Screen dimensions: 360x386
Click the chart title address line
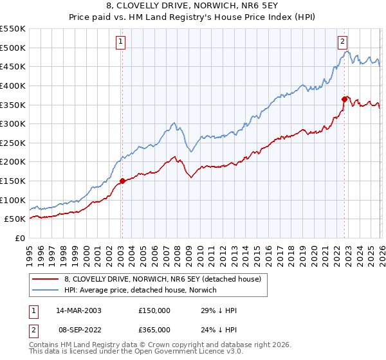(192, 6)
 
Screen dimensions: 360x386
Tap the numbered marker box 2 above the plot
(343, 42)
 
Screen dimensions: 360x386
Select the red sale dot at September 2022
(344, 99)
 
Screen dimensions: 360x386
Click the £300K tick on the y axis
(13, 123)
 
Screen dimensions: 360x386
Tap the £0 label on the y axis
(20, 238)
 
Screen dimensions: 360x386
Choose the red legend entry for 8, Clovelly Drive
(162, 279)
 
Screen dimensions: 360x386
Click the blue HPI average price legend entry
(140, 291)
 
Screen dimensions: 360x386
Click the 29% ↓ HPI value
(219, 310)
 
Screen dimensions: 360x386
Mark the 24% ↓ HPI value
(219, 330)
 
